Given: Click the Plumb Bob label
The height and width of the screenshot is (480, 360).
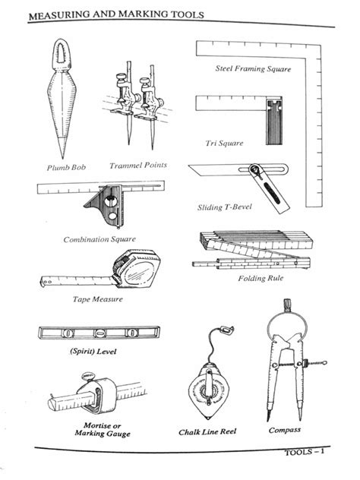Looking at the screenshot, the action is pos(66,168).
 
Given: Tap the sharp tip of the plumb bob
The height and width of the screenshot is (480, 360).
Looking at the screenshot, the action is pos(63,158).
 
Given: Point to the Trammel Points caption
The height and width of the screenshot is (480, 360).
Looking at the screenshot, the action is pos(138,166).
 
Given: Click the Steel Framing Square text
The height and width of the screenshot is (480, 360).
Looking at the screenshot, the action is pos(253,68).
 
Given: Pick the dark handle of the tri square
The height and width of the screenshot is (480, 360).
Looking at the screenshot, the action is pos(274,122).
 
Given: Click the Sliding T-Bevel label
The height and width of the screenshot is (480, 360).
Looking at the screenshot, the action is pos(224,207).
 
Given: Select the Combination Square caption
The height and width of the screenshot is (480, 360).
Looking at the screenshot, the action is pos(99,239).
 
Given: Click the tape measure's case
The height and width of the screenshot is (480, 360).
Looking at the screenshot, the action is pos(137,269).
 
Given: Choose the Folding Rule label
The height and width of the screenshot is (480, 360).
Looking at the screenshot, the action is pos(261,278).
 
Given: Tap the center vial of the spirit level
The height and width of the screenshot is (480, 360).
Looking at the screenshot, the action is pos(100,333).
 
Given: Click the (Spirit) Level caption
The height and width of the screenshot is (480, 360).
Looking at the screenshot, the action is pos(93,351).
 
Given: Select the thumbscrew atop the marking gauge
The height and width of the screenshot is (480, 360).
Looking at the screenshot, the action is pos(87,376).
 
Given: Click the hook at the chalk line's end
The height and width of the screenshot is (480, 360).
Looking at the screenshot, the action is pos(228,330).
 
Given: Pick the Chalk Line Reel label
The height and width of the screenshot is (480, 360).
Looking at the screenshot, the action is pos(207,432).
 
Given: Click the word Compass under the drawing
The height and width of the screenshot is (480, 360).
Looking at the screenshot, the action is pos(285,430).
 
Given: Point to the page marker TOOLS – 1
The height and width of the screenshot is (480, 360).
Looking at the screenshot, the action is pos(305,452).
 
